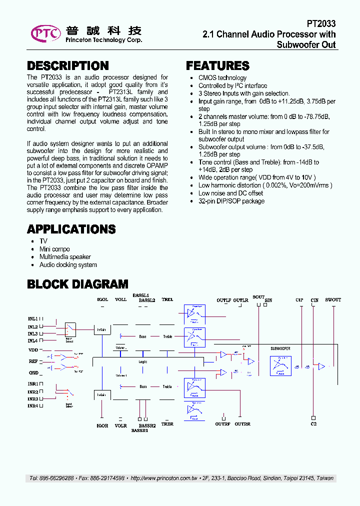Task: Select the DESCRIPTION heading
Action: [67, 66]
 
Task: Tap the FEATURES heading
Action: [217, 66]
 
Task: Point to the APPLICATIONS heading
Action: [71, 229]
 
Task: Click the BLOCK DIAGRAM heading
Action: [77, 284]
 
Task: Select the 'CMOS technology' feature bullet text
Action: [222, 78]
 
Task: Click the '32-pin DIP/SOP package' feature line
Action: [231, 201]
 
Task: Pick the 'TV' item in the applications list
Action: [43, 241]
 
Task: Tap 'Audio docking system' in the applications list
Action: [68, 265]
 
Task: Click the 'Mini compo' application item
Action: [54, 249]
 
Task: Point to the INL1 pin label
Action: [33, 318]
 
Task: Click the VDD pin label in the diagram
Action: [33, 350]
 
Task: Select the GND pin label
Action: [33, 373]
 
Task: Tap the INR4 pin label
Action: [33, 406]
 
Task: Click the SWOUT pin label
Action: [333, 300]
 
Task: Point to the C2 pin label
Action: [313, 424]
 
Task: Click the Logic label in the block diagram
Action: [142, 361]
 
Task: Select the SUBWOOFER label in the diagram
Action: [280, 348]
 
